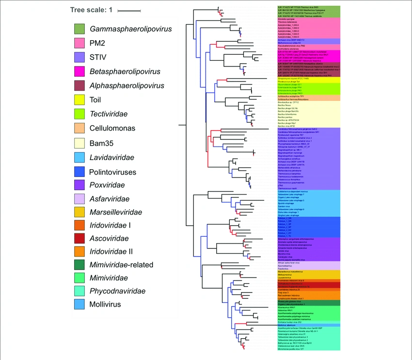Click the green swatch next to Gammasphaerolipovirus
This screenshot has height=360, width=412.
tap(80, 29)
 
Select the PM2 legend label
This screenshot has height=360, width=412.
tap(97, 43)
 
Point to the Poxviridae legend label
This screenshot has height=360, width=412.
tap(107, 185)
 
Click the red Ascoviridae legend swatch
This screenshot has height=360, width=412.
tap(80, 238)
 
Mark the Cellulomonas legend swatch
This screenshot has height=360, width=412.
tap(80, 128)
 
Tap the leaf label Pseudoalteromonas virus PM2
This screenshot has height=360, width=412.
tap(291, 46)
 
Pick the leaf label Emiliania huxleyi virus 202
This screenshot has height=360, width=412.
tap(290, 322)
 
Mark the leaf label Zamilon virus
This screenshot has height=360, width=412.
tap(285, 206)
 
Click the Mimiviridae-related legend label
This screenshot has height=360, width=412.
tap(121, 265)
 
